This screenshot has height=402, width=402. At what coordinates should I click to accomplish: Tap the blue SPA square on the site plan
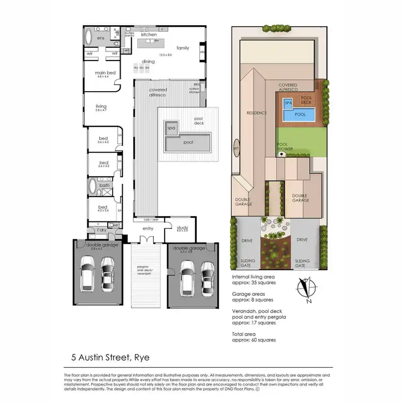pos(288,102)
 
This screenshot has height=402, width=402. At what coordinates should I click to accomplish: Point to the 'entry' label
pos(148,229)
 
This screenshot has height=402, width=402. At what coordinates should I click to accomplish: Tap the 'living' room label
pos(101,107)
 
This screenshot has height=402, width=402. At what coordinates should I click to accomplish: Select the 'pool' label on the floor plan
pos(188,143)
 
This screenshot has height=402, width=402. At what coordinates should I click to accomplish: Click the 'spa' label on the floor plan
pos(172,128)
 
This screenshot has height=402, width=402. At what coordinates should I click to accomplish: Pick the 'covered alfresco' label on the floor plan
pos(158,92)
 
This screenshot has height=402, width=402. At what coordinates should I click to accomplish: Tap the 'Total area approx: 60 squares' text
pos(254,336)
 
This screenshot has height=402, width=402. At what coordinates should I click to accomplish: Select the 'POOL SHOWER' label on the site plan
pos(283,147)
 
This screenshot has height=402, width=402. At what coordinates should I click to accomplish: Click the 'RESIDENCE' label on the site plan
pos(256,113)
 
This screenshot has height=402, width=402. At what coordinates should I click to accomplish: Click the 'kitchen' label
pos(149,35)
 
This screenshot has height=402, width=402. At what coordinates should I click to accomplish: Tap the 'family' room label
pos(183,48)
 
